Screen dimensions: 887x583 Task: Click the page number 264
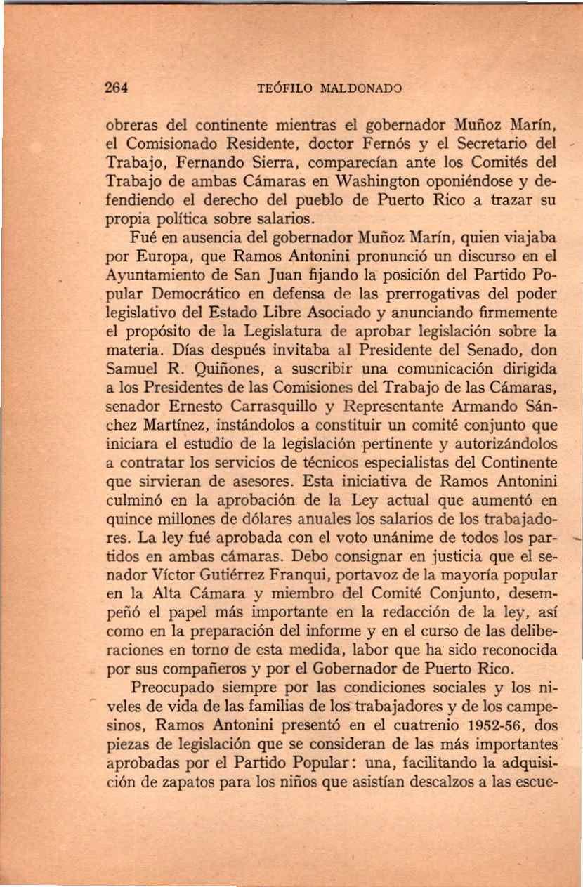point(115,89)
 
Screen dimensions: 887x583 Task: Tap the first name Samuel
point(132,367)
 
